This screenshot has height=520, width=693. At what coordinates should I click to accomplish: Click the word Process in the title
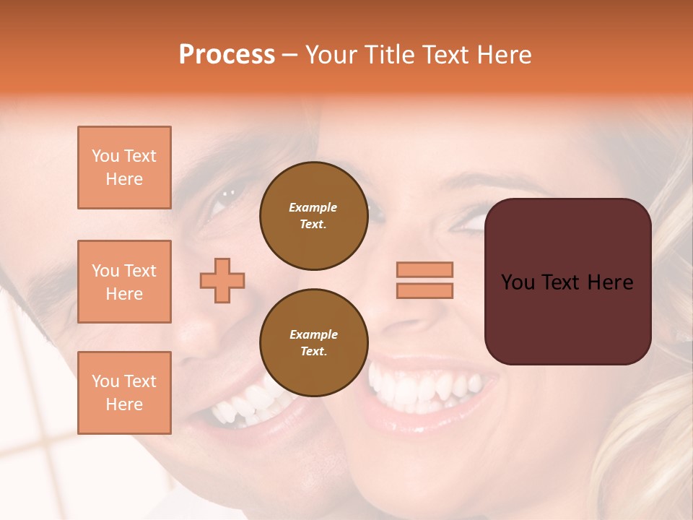(x=227, y=55)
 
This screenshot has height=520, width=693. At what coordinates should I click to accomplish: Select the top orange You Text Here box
(x=124, y=168)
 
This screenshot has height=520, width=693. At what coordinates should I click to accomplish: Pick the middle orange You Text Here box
(x=124, y=282)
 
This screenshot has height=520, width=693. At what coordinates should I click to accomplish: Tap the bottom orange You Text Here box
(x=124, y=393)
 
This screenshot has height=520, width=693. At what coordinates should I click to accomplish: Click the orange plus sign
(x=222, y=280)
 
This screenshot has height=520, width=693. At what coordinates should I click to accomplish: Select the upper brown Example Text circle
(x=313, y=215)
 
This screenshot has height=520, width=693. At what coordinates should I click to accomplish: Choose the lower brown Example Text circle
(x=313, y=342)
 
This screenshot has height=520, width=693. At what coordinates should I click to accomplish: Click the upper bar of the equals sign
(x=424, y=269)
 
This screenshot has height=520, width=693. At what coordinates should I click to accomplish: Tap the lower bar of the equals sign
(x=424, y=290)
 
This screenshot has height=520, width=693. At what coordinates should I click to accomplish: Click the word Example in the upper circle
(x=313, y=207)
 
